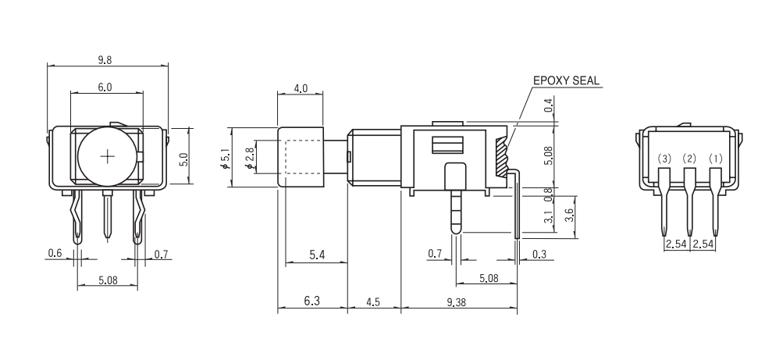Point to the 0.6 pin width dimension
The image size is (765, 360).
pos(55,253)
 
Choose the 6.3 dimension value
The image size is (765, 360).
pos(311,301)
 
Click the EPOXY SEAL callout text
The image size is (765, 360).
pos(567,80)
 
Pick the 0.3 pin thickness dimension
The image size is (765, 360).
pos(539,254)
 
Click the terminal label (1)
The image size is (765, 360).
pos(716,159)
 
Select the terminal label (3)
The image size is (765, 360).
pos(664,159)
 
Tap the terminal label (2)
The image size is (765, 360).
pos(689,159)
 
